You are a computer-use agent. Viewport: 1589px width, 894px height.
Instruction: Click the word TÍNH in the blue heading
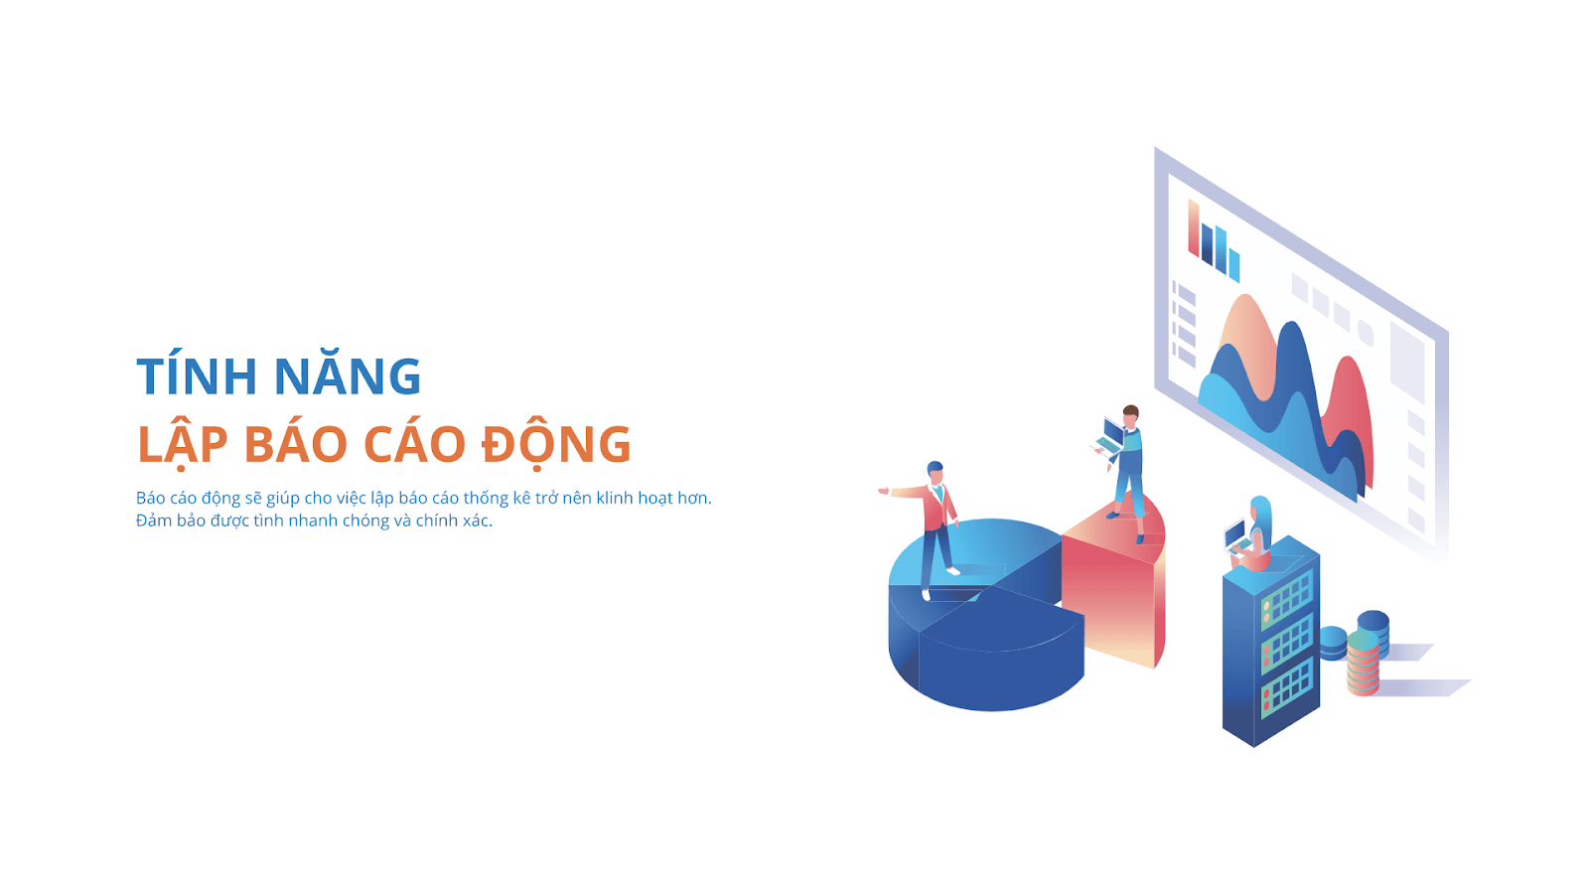[x=196, y=376]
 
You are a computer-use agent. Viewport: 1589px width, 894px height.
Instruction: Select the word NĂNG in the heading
[x=347, y=376]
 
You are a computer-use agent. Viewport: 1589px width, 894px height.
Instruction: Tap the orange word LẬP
[x=182, y=444]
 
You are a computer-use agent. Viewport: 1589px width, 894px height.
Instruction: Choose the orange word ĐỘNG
[x=556, y=444]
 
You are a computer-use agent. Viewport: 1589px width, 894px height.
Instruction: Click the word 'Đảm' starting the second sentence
[x=153, y=521]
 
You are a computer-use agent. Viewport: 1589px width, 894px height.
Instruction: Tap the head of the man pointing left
[x=935, y=471]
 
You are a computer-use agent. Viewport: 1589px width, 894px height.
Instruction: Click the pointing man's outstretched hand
[x=884, y=490]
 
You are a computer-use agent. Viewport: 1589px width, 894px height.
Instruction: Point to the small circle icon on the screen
[x=1366, y=333]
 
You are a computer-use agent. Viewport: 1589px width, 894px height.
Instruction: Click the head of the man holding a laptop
[x=1130, y=414]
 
